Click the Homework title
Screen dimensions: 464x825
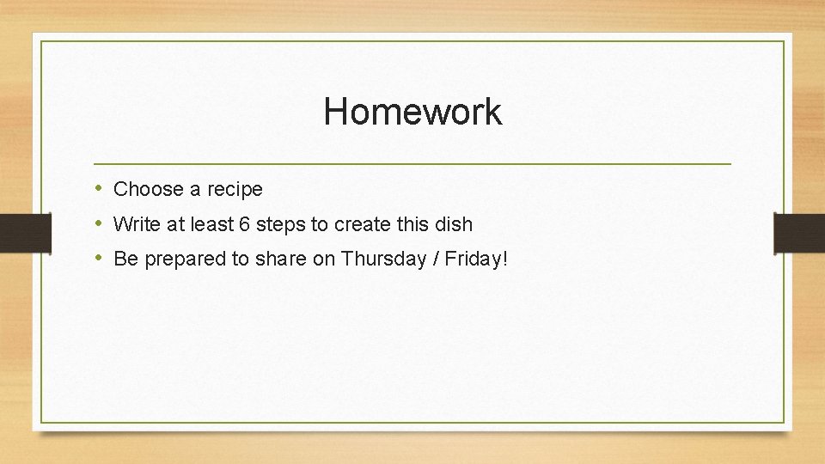click(412, 112)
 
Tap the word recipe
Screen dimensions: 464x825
click(235, 189)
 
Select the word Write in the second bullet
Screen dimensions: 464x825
click(132, 224)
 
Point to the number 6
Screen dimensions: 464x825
click(245, 224)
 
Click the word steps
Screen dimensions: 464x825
click(281, 224)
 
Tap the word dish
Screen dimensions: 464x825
click(455, 224)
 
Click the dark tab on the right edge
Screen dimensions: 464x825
click(799, 233)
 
